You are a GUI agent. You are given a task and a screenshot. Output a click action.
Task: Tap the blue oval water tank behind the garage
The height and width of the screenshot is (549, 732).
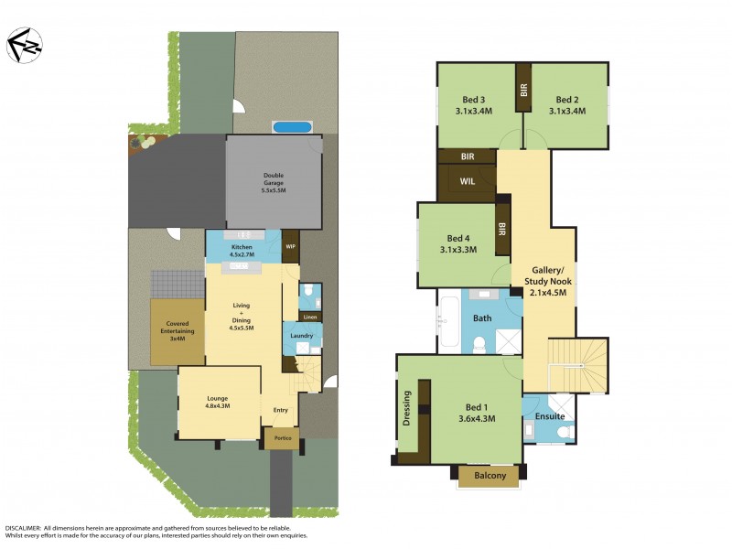point(292,126)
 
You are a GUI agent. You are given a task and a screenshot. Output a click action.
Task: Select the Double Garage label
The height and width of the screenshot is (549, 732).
point(274,183)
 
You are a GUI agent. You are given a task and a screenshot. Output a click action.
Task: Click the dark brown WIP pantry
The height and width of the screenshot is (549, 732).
point(290,246)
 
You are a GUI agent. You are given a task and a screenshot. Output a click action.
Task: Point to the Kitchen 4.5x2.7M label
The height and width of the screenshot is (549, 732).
point(242,251)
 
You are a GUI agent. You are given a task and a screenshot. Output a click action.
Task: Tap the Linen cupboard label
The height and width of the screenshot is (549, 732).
point(310,317)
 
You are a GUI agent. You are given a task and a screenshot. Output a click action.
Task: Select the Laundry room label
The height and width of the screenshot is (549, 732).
point(303,336)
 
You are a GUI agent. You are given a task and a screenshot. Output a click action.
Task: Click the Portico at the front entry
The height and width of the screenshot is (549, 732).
point(282,439)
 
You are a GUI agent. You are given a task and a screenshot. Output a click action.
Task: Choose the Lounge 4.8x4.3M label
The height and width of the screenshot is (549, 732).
point(219,402)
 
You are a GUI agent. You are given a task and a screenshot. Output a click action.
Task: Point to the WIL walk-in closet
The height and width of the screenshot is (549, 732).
point(467,181)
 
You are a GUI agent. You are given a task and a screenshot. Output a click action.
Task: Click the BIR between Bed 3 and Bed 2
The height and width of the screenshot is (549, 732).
point(523,88)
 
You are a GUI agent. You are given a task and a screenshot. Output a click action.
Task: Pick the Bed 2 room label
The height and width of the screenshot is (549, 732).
point(566,104)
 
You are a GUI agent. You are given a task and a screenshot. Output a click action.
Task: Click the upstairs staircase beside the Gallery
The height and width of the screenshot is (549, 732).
point(576,363)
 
